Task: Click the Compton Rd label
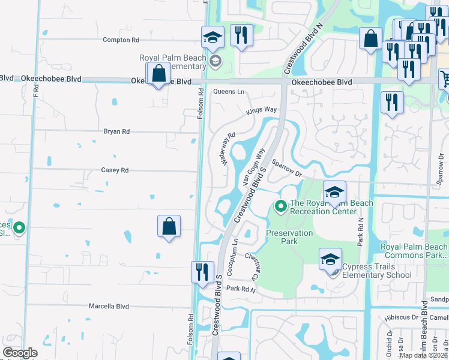pos(121,40)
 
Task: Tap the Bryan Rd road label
pos(116,131)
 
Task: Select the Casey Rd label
pos(116,170)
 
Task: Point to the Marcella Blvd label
pos(109,306)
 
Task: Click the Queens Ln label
pos(229,92)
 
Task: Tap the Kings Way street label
pos(262,111)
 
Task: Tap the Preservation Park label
pos(289,237)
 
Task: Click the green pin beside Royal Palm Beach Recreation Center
pos(280,206)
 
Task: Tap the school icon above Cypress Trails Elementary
pos(330,260)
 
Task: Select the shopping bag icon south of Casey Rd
pos(169,227)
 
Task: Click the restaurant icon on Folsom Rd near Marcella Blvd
pos(202,272)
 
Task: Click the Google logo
pos(20,353)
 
